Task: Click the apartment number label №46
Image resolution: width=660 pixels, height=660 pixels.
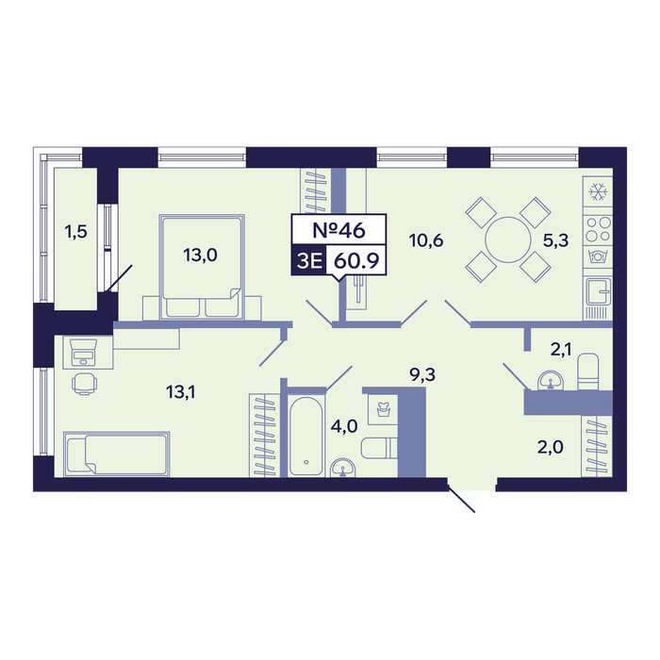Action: pyautogui.click(x=338, y=230)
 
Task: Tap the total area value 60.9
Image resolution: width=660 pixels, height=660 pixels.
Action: pyautogui.click(x=356, y=261)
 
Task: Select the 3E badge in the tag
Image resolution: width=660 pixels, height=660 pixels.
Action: pyautogui.click(x=309, y=261)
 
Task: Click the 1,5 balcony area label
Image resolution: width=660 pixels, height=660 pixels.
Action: pyautogui.click(x=75, y=232)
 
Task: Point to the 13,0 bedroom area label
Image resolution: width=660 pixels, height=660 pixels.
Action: pyautogui.click(x=200, y=256)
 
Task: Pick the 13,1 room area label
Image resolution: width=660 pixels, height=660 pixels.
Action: pyautogui.click(x=181, y=392)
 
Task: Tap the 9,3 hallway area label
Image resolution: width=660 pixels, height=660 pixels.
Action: pyautogui.click(x=423, y=374)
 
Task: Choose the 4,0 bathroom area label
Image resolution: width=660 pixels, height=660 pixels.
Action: pyautogui.click(x=344, y=427)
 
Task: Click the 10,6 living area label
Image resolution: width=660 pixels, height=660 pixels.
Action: pyautogui.click(x=426, y=240)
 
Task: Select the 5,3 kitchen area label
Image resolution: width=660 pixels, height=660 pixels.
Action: pyautogui.click(x=555, y=240)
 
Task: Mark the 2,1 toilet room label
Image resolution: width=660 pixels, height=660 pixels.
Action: pyautogui.click(x=561, y=350)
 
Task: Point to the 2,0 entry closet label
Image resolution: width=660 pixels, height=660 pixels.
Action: pyautogui.click(x=550, y=448)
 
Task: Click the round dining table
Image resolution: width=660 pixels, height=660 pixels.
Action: pyautogui.click(x=508, y=239)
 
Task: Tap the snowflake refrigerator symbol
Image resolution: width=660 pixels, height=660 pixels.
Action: pyautogui.click(x=598, y=191)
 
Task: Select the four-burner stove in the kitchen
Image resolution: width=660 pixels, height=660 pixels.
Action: pyautogui.click(x=598, y=228)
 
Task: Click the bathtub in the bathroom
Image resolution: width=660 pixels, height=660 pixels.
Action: pyautogui.click(x=306, y=437)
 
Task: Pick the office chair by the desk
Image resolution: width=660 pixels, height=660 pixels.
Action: pyautogui.click(x=84, y=384)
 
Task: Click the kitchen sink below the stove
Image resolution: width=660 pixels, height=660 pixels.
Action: pyautogui.click(x=598, y=290)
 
